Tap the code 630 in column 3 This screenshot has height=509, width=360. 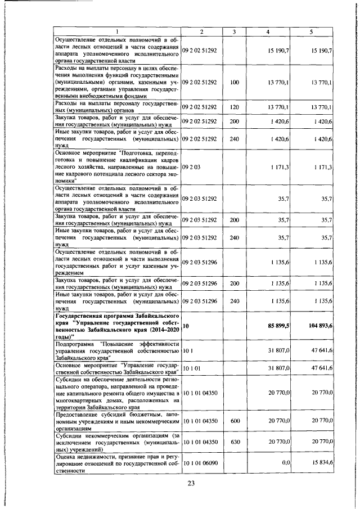click(235, 443)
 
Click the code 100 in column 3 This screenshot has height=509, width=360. click(235, 83)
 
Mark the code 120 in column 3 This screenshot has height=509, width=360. click(235, 106)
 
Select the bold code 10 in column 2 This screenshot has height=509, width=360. click(186, 326)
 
